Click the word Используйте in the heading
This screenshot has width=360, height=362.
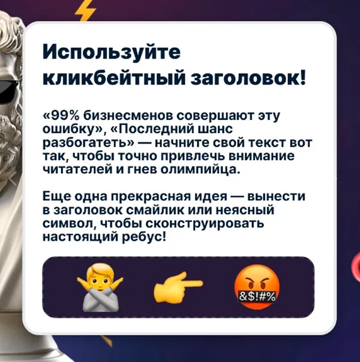111,52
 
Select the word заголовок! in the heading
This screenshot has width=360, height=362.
248,78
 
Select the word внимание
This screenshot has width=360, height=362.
262,156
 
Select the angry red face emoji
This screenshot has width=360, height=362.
257,287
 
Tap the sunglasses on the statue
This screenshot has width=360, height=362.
9,91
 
